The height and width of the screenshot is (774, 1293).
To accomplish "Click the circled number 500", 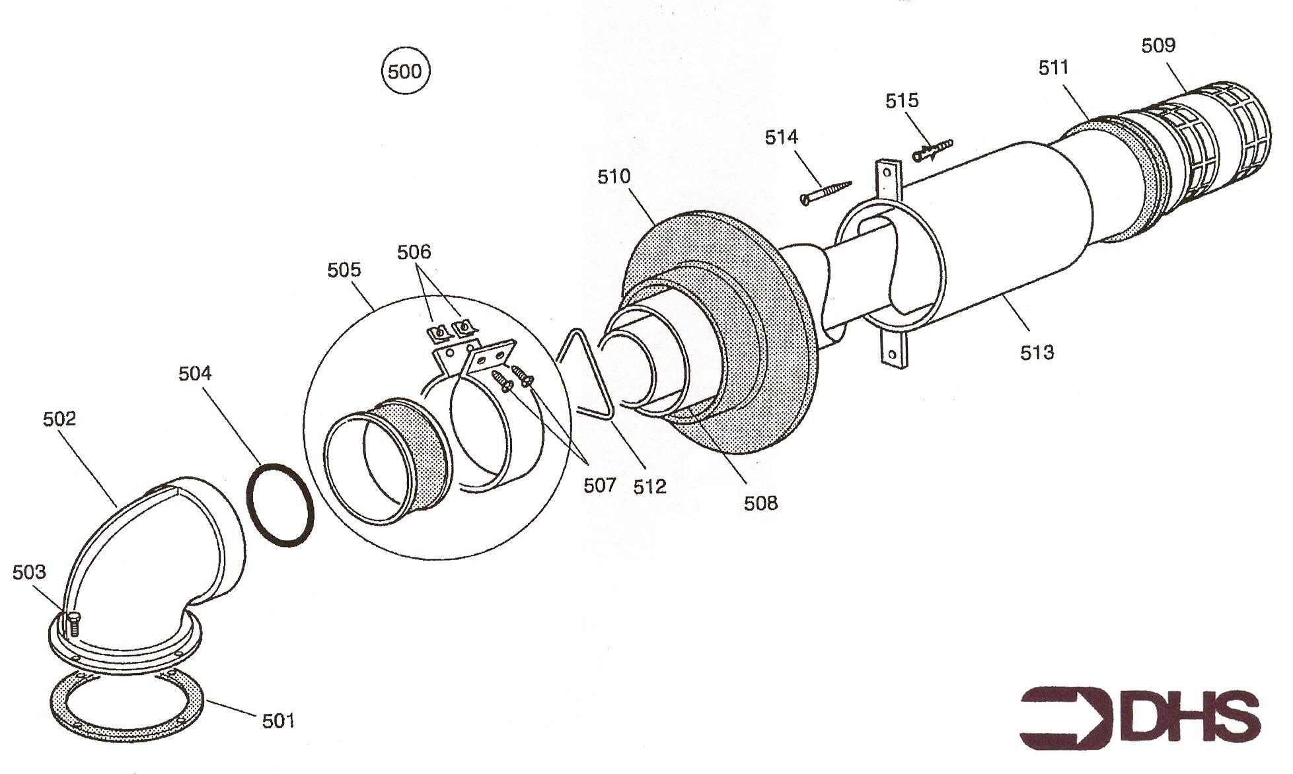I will pyautogui.click(x=405, y=71).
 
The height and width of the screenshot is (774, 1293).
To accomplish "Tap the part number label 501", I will pyautogui.click(x=277, y=721).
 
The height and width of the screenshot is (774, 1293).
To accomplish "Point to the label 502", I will pyautogui.click(x=59, y=419).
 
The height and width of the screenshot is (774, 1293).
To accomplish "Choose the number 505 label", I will pyautogui.click(x=344, y=269).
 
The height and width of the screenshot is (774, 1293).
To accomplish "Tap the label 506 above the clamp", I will pyautogui.click(x=414, y=252).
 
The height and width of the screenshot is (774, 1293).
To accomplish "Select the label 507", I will pyautogui.click(x=599, y=485).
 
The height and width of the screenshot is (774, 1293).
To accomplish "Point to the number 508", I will pyautogui.click(x=760, y=503).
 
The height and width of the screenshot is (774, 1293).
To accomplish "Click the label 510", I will pyautogui.click(x=614, y=176).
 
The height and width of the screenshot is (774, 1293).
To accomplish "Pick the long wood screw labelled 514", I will pyautogui.click(x=827, y=191).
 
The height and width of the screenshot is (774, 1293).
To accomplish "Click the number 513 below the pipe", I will pyautogui.click(x=1037, y=353).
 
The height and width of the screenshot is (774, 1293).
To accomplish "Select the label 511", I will pyautogui.click(x=1053, y=67).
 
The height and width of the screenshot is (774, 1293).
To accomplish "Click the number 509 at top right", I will pyautogui.click(x=1158, y=45).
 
